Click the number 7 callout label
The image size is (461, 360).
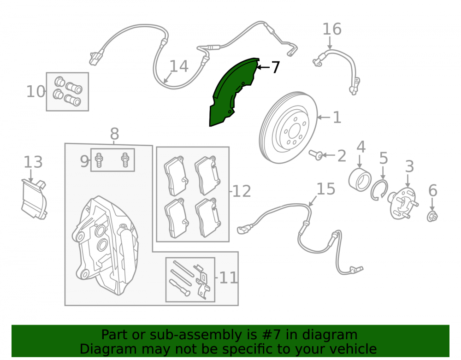tap(275, 67)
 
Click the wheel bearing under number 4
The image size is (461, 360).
tap(360, 179)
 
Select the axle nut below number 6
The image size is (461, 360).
tap(432, 216)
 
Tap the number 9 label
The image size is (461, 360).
tap(84, 161)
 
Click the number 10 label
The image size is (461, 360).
tap(35, 91)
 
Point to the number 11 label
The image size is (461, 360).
tap(229, 277)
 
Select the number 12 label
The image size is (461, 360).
tap(242, 191)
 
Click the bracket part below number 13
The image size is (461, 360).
tap(34, 199)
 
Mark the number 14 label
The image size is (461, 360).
tap(179, 66)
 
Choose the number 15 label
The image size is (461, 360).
tap(326, 189)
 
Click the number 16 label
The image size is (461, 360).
tap(332, 29)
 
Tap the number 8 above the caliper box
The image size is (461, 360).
tap(114, 134)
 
